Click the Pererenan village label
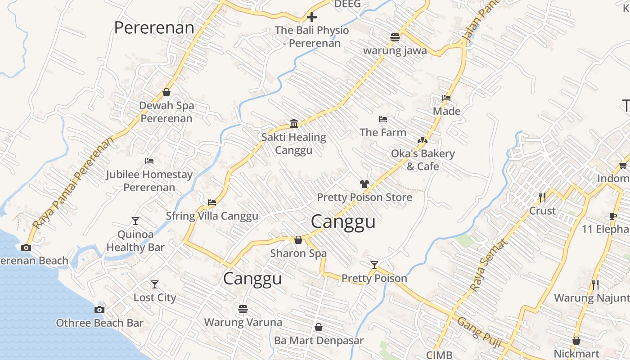pos(154,28)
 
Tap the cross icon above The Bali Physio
pos(312,18)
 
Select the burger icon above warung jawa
pos(395,37)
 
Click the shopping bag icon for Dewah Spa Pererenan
pos(166,92)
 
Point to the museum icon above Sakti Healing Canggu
pos(294,123)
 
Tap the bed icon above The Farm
pos(383,119)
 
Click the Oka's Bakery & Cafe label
pos(423,160)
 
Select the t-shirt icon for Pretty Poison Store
pos(364,184)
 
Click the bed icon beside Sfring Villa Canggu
pos(212,202)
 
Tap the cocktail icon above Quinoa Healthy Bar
pos(135,220)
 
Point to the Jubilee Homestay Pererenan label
pos(149,180)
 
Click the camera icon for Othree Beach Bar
pos(99,310)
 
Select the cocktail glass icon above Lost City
pos(155,284)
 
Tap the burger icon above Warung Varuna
pos(243,309)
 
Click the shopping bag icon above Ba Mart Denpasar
pos(319,327)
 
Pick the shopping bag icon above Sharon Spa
pos(298,240)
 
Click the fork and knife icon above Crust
pos(542,197)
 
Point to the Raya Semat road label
pos(488,265)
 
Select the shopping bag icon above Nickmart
pos(576,341)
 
